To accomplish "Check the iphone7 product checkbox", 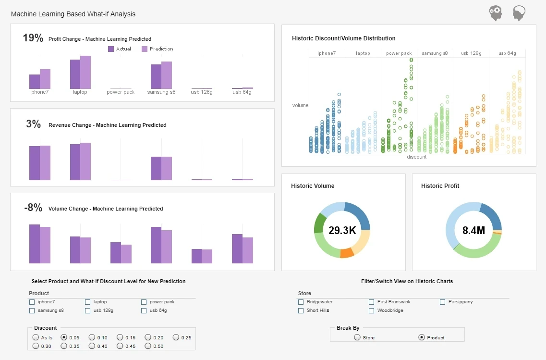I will tap(32, 302).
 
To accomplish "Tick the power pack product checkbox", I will tap(144, 302).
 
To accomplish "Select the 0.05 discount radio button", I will tap(63, 337).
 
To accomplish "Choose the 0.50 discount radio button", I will tap(148, 346).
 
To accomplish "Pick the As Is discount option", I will tap(36, 337).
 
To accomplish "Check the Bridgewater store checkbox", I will tap(301, 302).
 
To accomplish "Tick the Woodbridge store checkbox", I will tap(372, 310).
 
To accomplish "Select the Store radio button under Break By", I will tap(357, 337).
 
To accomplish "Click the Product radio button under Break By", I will tap(422, 337).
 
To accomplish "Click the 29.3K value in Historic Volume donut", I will tap(342, 230).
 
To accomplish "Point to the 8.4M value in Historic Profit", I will tap(473, 230).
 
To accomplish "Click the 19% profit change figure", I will tap(33, 38).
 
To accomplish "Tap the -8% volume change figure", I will tap(33, 208).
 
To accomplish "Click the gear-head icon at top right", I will tap(496, 13).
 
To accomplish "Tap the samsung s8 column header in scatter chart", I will tap(435, 53).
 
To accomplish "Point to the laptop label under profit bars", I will tap(80, 92).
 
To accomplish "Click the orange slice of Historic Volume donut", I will tap(347, 253).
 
